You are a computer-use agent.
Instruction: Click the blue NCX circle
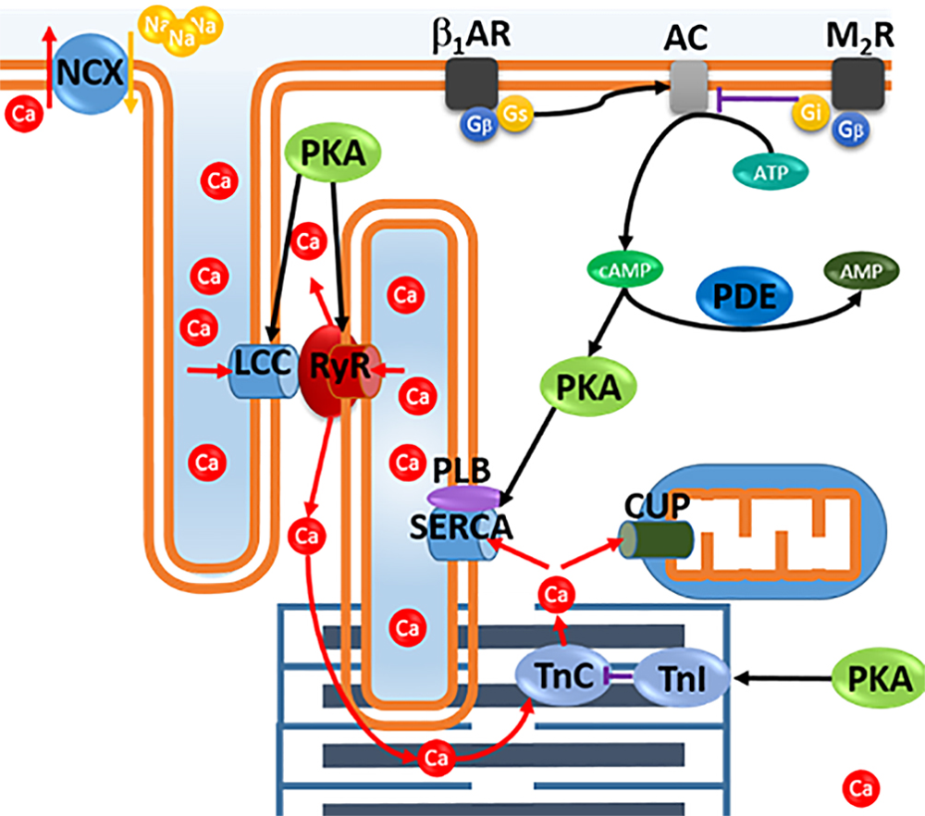90,73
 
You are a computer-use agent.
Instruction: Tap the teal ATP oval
771,172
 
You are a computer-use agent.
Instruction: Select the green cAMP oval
625,270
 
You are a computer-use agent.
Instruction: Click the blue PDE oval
745,296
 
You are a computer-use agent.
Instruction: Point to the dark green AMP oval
861,271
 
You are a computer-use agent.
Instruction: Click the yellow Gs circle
515,113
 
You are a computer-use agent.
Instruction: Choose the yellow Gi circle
810,112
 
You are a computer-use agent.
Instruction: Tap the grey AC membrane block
689,87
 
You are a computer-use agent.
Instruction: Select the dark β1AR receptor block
472,84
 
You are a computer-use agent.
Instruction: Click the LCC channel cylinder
264,371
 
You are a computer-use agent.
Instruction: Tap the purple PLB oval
464,498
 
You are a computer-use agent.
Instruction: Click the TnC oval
563,676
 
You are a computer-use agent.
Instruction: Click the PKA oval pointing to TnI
879,678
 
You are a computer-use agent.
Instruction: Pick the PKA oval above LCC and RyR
333,154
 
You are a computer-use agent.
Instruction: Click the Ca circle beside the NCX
24,113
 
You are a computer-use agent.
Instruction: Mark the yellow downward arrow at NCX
131,72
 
